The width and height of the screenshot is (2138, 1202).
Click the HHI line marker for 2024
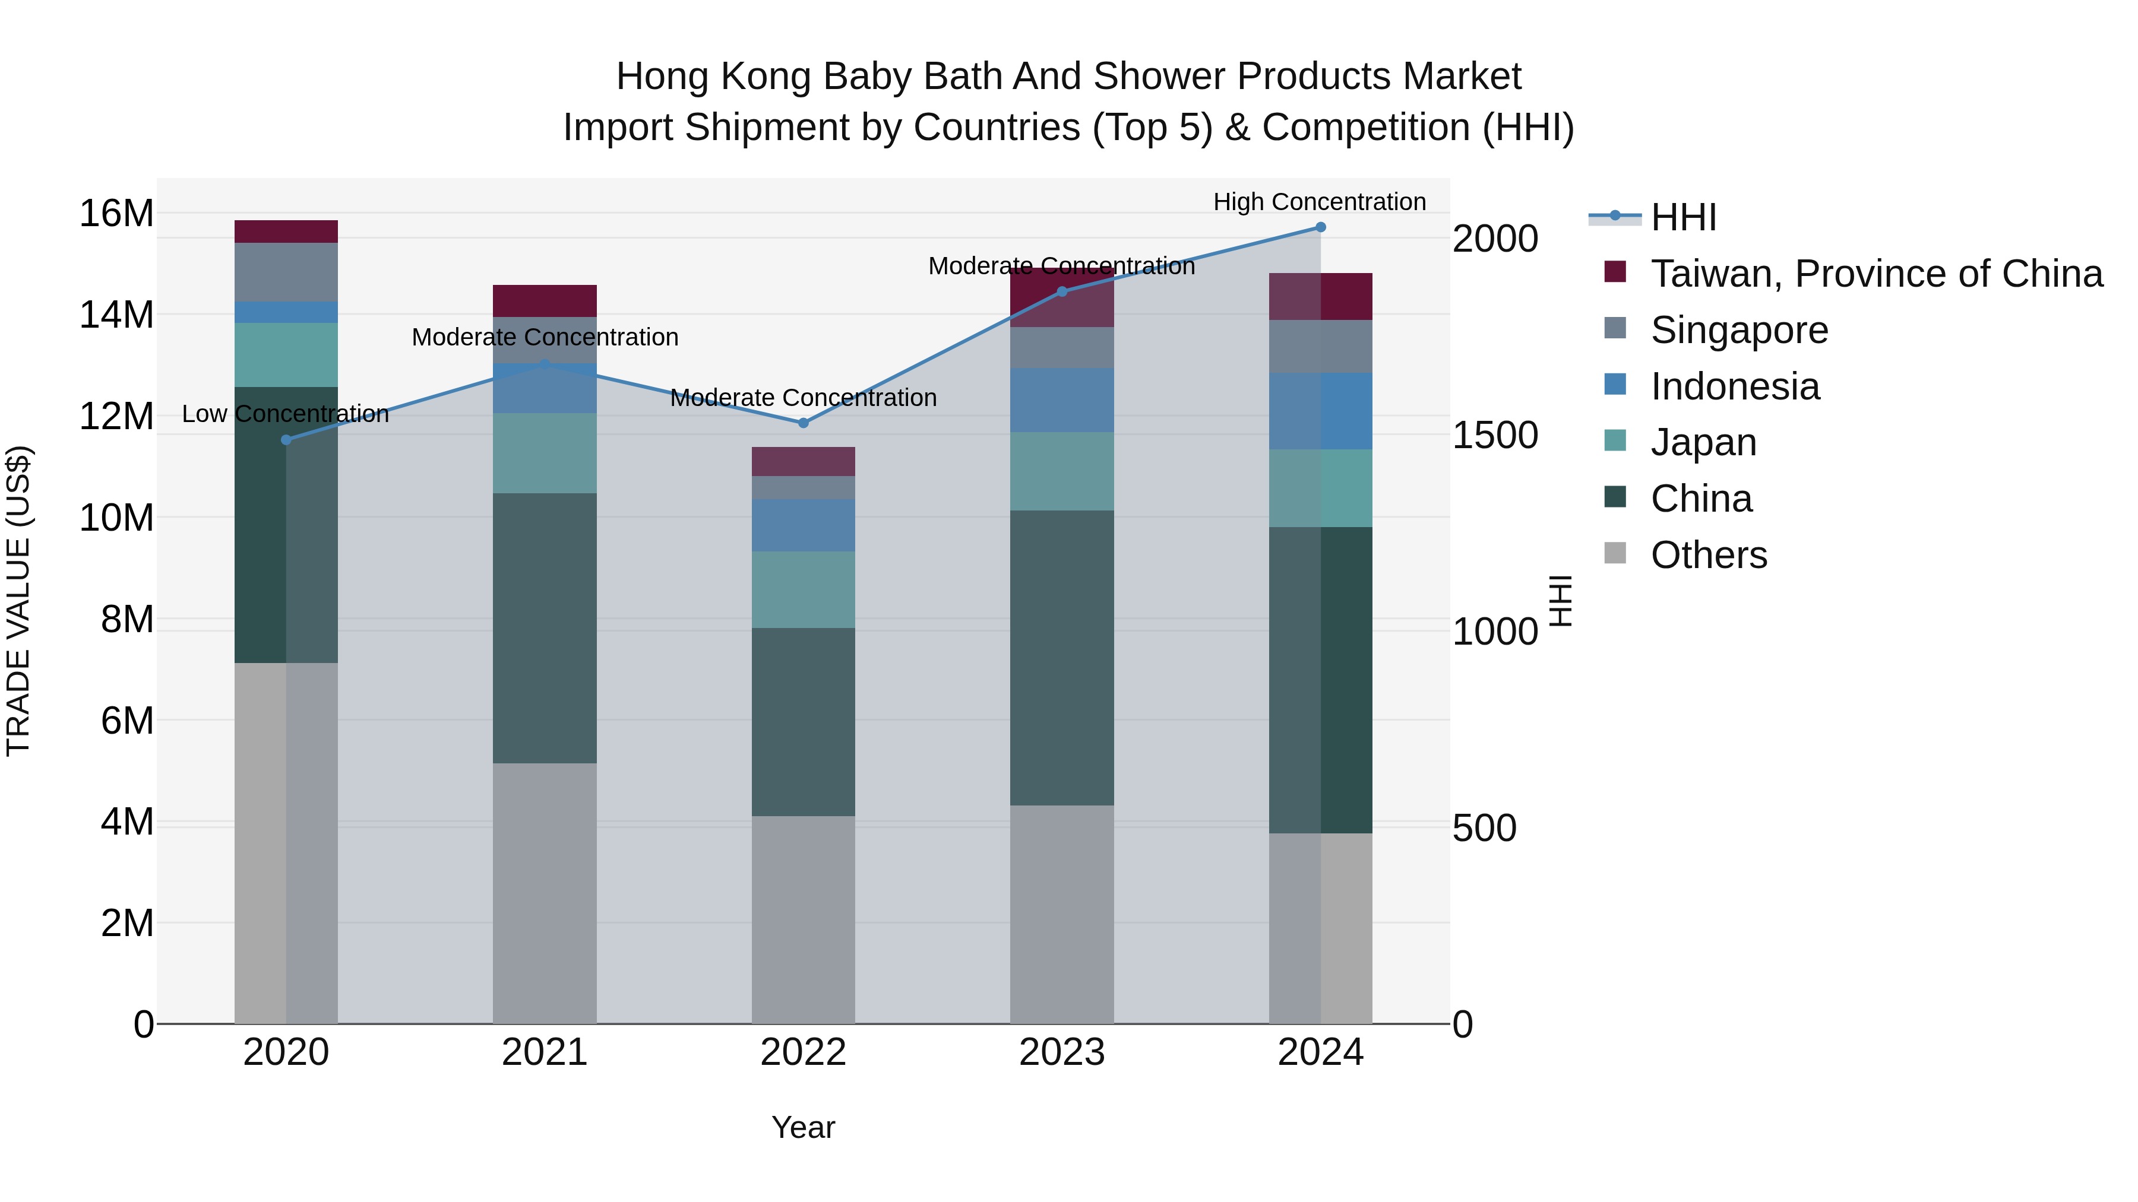tap(1320, 227)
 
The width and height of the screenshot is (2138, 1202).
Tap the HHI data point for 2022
tap(802, 423)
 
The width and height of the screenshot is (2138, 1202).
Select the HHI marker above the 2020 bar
tap(286, 440)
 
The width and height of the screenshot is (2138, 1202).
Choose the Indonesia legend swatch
tap(1615, 385)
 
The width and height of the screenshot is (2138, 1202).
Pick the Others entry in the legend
tap(1708, 555)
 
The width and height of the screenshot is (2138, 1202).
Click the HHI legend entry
tap(1682, 217)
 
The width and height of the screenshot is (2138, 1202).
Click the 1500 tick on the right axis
tap(1495, 436)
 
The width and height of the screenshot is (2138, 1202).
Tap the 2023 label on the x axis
tap(1061, 1052)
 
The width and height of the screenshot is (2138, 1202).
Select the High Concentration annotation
tap(1319, 202)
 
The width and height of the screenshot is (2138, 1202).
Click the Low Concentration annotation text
tap(286, 414)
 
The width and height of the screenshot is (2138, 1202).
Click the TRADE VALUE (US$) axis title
tap(18, 601)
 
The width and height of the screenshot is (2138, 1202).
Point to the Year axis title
tap(802, 1127)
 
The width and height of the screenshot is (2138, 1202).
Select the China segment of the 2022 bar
tap(802, 722)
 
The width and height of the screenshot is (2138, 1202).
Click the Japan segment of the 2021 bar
tap(545, 453)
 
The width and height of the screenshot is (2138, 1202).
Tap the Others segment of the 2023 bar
tap(1061, 912)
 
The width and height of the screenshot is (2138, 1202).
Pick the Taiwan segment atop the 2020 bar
tap(286, 231)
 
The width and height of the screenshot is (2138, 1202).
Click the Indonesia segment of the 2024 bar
tap(1320, 411)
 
